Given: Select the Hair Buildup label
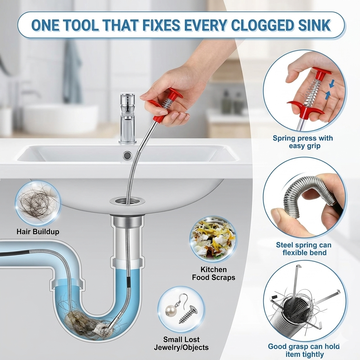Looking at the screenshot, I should (38, 232).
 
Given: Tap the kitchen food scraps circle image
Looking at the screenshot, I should (213, 239).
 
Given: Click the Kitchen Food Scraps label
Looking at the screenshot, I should (213, 274).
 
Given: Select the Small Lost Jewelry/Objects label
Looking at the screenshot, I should (181, 343).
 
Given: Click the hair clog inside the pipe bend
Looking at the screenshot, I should (83, 320).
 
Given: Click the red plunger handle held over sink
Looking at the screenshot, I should (169, 102).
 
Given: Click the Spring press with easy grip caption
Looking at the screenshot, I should (303, 142).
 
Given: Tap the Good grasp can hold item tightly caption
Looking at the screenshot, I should (304, 350).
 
